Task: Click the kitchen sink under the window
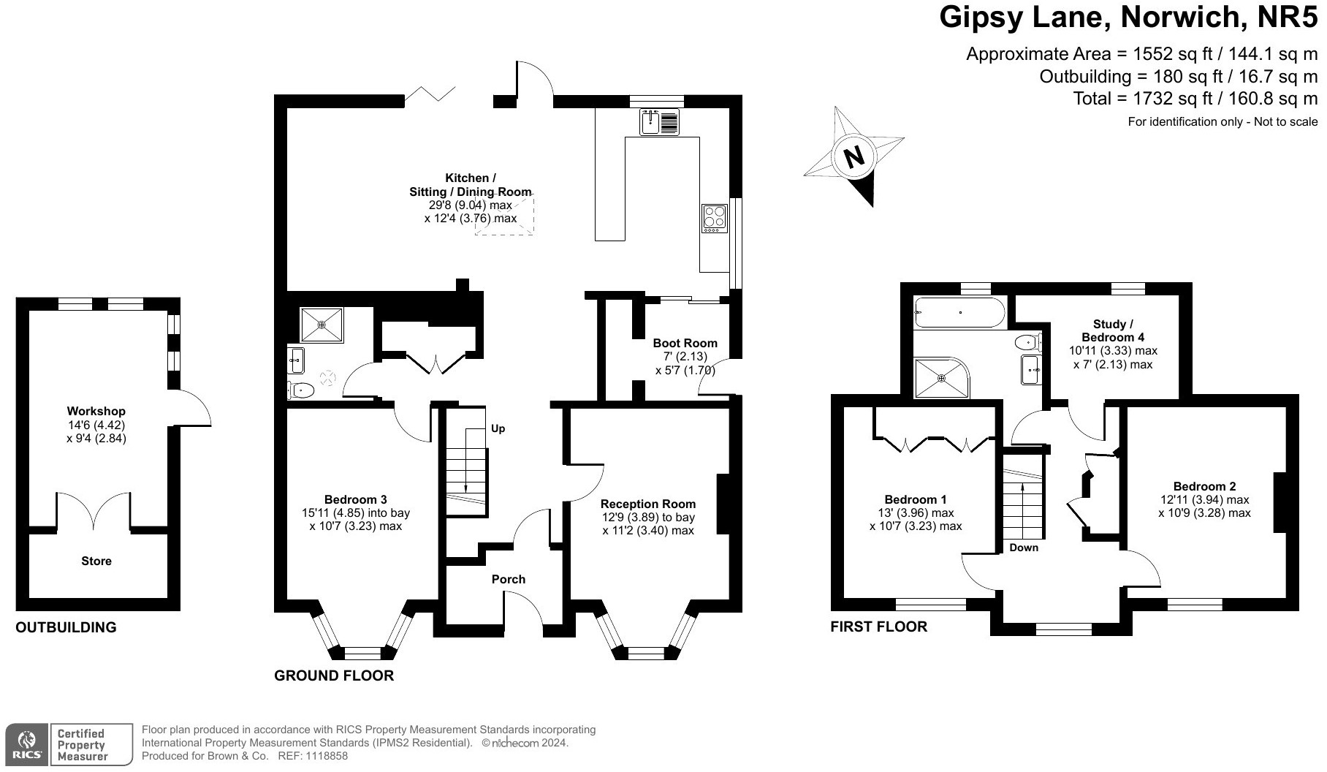(x=660, y=121)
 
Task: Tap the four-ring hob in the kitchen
(x=715, y=219)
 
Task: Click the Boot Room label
(x=685, y=343)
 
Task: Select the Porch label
(x=509, y=579)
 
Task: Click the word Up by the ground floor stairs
(x=498, y=428)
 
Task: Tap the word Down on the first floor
(x=1024, y=548)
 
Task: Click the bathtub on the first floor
(x=959, y=312)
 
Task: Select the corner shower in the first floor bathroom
(x=942, y=378)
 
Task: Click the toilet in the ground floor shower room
(x=301, y=390)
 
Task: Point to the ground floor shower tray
(x=322, y=324)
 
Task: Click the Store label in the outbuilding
(x=96, y=561)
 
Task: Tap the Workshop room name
(x=96, y=412)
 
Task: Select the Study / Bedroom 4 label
(x=1113, y=330)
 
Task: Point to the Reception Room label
(x=648, y=504)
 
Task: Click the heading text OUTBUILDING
(x=66, y=627)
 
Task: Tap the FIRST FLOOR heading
(x=879, y=627)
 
